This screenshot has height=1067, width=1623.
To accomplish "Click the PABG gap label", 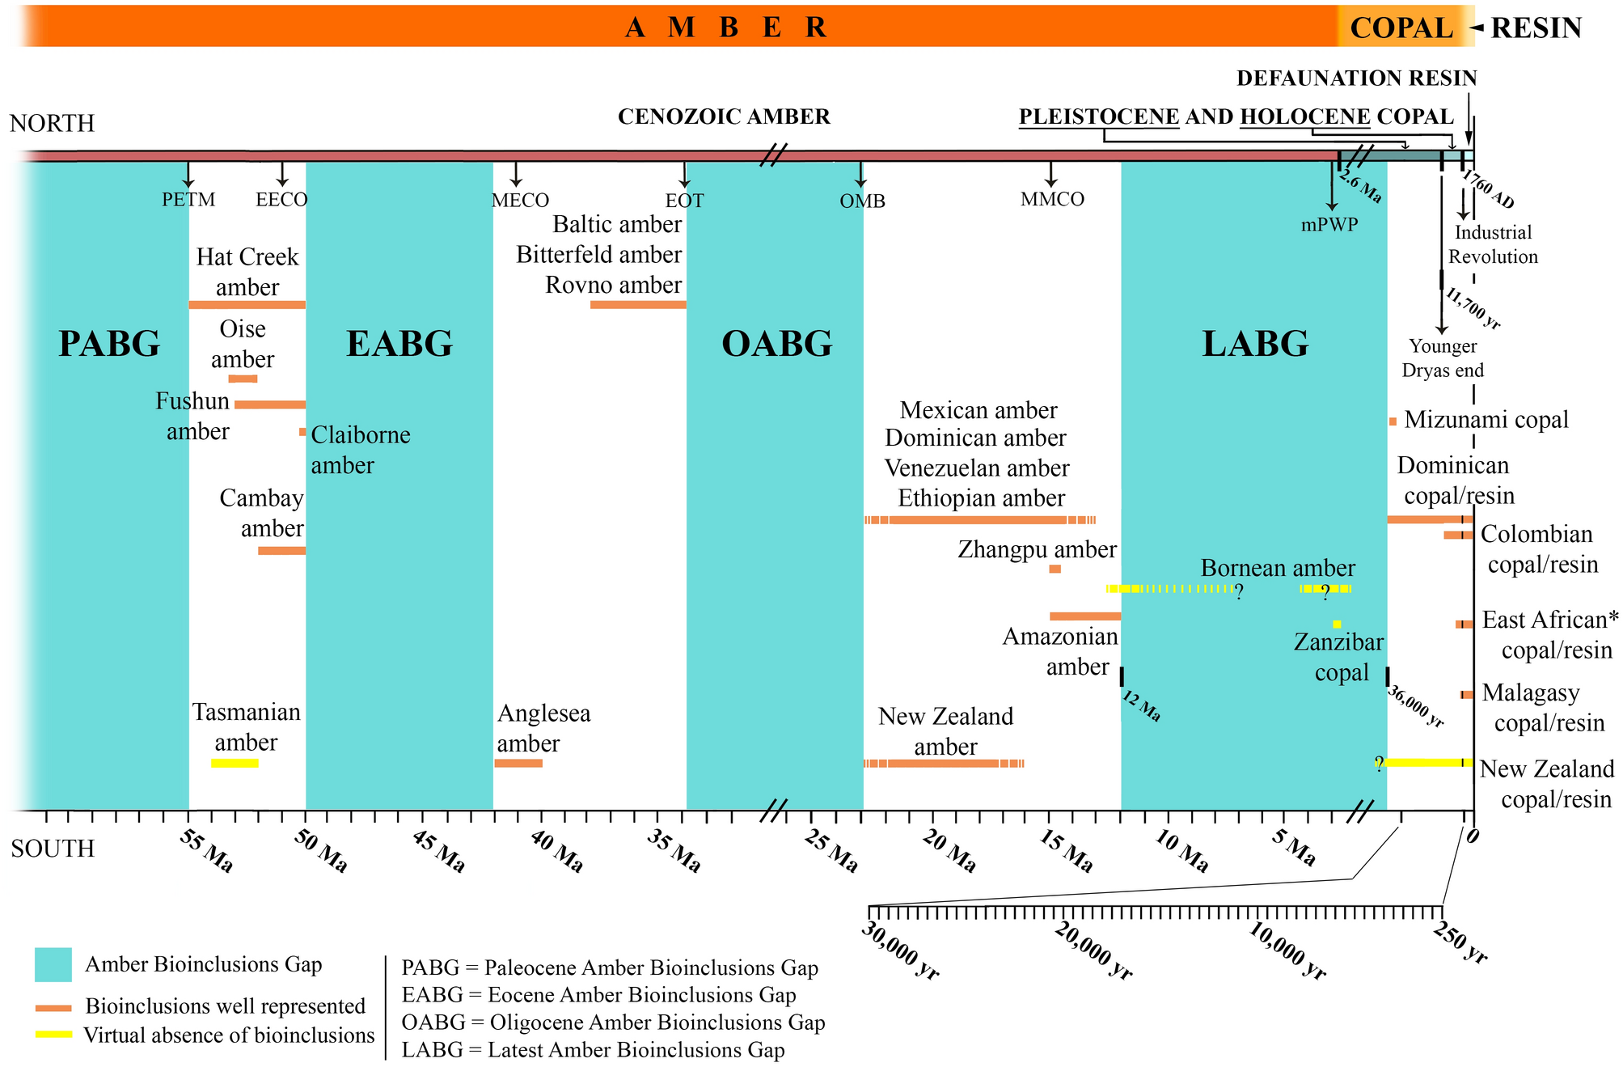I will (x=109, y=344).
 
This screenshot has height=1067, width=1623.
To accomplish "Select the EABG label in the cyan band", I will (x=399, y=344).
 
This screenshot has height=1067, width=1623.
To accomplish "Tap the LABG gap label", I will (x=1254, y=344).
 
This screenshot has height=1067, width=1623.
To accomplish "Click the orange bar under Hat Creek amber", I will (x=247, y=305).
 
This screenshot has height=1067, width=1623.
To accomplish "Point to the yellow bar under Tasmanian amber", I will (x=235, y=763).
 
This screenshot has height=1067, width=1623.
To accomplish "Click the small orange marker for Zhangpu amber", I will (x=1055, y=569).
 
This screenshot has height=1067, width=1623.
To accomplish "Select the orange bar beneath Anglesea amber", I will (x=518, y=763).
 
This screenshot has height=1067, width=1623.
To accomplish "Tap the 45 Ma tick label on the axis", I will (x=439, y=852).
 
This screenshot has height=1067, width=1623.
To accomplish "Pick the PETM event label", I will (x=188, y=200).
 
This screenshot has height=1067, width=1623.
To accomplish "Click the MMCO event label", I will (x=1052, y=199).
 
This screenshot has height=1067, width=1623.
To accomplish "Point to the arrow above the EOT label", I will (x=685, y=175).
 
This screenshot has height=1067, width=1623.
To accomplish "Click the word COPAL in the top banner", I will (x=1401, y=28).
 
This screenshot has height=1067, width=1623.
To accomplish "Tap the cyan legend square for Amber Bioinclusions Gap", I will (x=53, y=964).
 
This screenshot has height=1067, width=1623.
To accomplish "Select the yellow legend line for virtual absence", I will (x=53, y=1035).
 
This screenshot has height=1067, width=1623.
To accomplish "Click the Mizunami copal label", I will (x=1486, y=420).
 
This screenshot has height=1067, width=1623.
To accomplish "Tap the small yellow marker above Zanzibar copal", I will (x=1337, y=624).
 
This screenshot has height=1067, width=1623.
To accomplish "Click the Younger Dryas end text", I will (x=1443, y=358).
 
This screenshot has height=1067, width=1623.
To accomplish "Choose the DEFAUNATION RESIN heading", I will (x=1356, y=78).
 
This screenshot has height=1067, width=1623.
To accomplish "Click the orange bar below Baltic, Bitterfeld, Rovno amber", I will (x=638, y=305).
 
